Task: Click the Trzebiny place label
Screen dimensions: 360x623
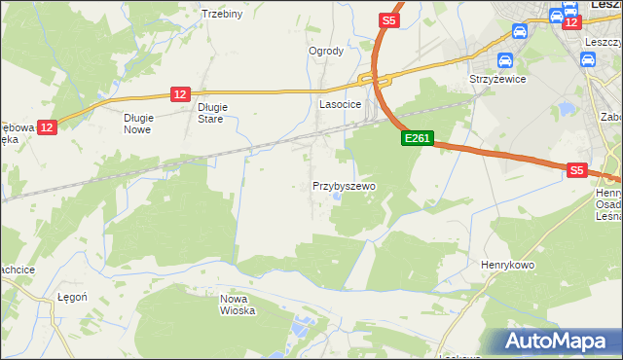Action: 221,14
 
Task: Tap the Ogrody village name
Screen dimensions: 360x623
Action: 326,51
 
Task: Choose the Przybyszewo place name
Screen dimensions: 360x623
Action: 344,185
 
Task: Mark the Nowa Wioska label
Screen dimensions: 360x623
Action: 238,305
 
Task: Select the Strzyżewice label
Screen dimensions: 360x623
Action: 497,80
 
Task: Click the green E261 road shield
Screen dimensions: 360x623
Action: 417,140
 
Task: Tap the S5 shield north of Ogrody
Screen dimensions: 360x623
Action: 388,19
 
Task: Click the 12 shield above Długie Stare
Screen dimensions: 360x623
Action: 179,93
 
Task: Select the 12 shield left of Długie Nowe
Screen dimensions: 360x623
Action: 49,126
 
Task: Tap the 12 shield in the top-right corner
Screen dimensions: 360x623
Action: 572,21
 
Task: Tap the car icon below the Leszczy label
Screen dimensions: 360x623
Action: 587,60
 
